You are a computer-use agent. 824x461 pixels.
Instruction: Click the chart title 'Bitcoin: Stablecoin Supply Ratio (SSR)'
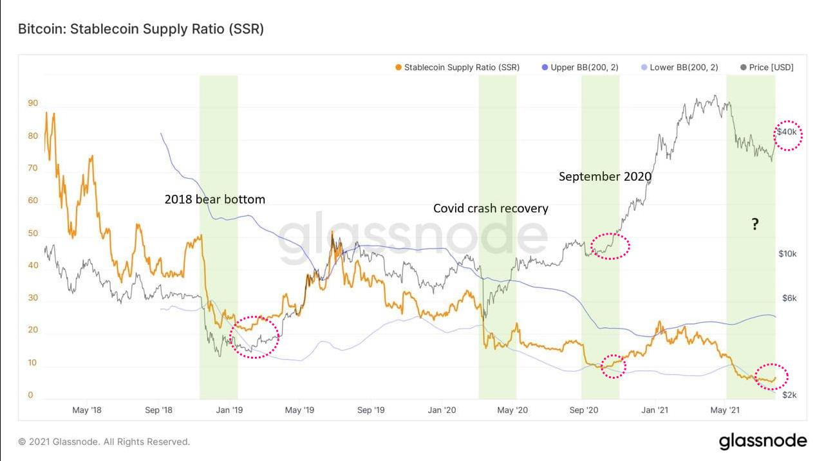[x=140, y=29]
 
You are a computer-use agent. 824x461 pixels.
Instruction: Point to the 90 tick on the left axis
[x=33, y=103]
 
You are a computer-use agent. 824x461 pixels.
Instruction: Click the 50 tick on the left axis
[x=33, y=233]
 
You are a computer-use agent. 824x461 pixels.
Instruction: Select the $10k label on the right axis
[x=787, y=253]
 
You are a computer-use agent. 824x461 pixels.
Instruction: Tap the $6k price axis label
[x=789, y=298]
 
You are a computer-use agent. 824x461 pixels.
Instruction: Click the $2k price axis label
[x=789, y=395]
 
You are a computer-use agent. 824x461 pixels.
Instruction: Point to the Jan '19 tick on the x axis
[x=229, y=410]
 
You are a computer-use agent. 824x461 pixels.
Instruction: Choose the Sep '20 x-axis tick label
[x=585, y=410]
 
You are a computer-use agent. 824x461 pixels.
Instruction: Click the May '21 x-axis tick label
[x=726, y=410]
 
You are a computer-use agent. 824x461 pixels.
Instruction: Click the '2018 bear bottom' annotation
[x=215, y=199]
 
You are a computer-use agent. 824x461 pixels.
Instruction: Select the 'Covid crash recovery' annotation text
[x=491, y=208]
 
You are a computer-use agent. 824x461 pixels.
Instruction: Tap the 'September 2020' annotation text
[x=605, y=176]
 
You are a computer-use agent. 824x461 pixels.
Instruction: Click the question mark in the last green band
[x=754, y=224]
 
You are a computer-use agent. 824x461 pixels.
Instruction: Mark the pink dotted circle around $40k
[x=788, y=135]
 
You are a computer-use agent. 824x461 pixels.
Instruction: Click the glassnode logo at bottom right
[x=762, y=441]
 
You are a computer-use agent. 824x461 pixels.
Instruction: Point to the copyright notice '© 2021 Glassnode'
[x=104, y=442]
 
